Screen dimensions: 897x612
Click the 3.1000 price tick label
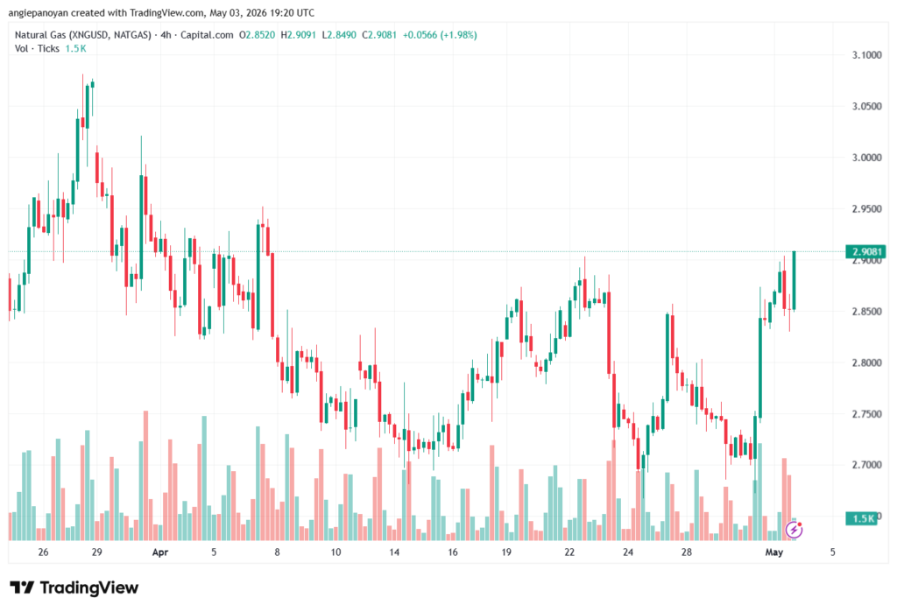[866, 55]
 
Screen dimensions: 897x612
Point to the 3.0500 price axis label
[866, 107]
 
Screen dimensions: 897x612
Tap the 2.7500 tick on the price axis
[866, 413]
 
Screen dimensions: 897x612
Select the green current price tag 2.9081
[865, 251]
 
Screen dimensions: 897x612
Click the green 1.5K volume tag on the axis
[862, 518]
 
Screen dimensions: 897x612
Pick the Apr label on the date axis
[160, 552]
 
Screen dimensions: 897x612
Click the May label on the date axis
[774, 552]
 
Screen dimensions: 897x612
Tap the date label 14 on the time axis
[394, 552]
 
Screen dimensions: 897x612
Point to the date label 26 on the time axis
[43, 552]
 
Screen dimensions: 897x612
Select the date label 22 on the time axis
[569, 552]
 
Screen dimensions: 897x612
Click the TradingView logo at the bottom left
[74, 587]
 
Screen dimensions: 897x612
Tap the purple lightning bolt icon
[794, 531]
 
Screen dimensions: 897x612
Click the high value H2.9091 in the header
[298, 35]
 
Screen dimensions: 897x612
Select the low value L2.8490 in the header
[339, 35]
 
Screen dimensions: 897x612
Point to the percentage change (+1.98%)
[458, 35]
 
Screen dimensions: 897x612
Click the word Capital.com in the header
[207, 35]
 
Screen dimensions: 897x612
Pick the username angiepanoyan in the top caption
[39, 12]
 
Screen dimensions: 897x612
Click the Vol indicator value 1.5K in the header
[75, 49]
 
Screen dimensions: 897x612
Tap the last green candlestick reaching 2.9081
[794, 281]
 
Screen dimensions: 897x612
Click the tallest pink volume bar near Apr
[146, 475]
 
